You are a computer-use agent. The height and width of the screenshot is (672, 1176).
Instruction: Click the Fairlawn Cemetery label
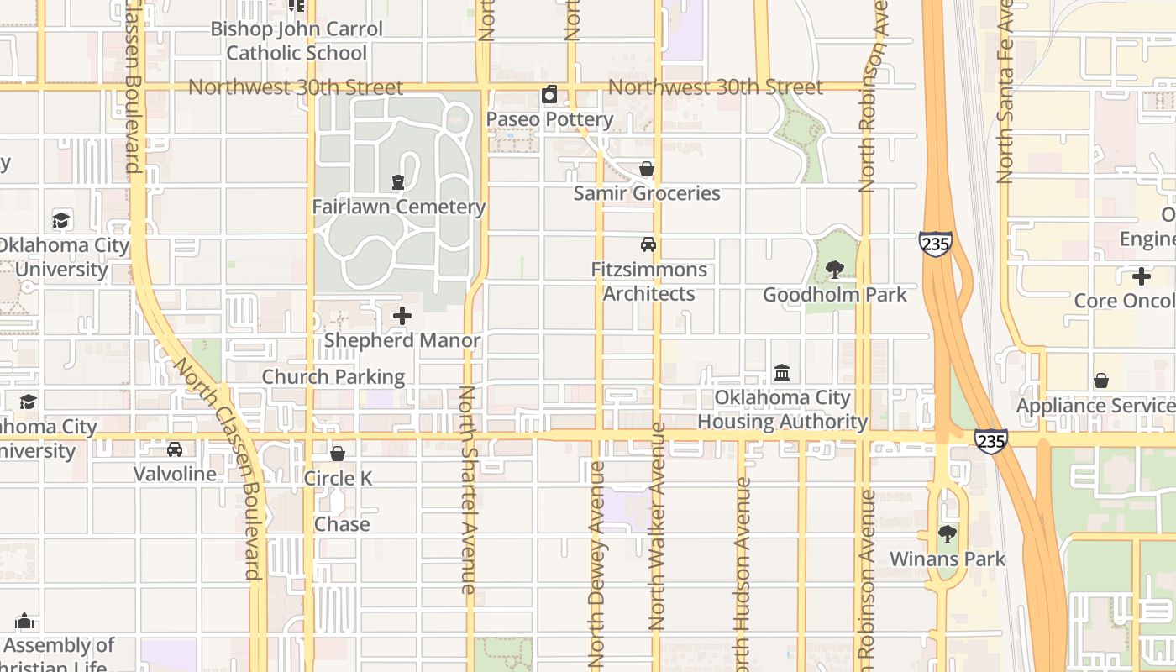point(398,207)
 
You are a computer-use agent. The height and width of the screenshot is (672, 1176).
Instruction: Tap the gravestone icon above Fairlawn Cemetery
point(398,181)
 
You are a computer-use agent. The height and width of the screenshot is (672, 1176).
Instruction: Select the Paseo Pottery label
point(549,119)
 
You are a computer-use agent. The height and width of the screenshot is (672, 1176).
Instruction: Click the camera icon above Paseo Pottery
point(549,94)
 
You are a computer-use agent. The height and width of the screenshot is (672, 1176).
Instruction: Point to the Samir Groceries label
point(647,193)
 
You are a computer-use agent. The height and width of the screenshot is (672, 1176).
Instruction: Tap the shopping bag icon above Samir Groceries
point(647,169)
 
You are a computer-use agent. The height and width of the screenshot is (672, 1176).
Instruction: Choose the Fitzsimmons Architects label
point(648,281)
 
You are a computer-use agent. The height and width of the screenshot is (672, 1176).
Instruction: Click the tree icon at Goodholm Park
point(835,269)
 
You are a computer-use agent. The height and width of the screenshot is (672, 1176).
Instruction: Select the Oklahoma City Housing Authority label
point(782,409)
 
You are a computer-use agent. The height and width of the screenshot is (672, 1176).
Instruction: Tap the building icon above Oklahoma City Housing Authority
point(782,372)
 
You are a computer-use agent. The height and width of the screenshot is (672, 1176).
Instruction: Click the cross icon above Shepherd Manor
point(402,316)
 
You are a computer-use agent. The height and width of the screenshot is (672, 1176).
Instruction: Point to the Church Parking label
point(333,376)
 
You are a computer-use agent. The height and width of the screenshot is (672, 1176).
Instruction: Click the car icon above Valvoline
point(175,449)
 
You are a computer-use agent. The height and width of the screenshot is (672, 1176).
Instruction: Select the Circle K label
point(338,478)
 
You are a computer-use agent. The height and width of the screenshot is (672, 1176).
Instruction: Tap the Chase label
point(342,524)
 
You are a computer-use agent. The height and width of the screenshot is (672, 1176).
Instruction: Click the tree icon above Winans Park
point(948,533)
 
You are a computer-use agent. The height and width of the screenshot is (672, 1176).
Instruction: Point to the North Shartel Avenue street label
point(468,490)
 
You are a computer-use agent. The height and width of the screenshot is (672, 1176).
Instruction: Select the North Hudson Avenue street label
point(742,580)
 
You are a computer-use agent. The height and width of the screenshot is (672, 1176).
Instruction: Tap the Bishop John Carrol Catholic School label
point(297,40)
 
